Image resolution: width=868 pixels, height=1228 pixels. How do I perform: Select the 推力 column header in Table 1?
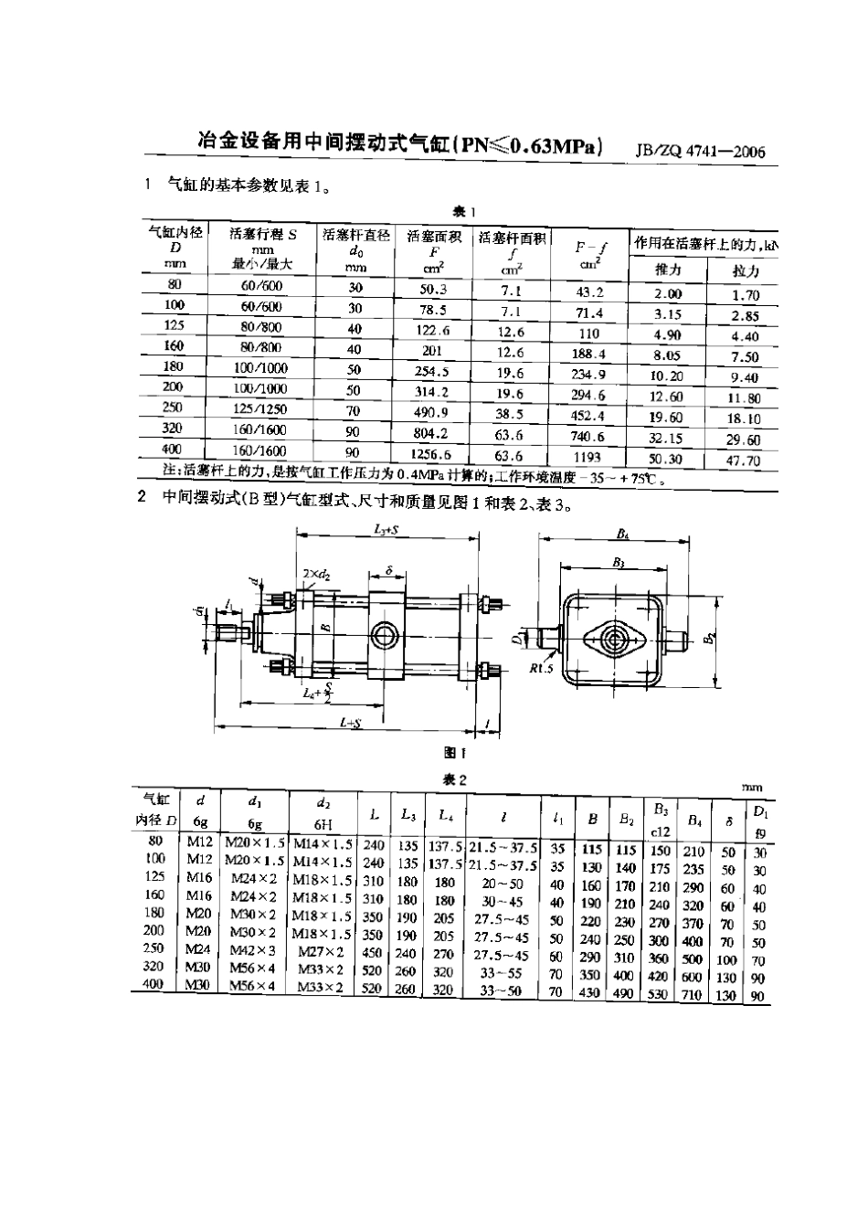[x=668, y=270]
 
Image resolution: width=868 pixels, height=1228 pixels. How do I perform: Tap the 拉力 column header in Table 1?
[x=746, y=271]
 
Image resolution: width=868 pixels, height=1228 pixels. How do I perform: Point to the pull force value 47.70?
[x=744, y=461]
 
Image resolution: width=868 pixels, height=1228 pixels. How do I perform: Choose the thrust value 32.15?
[x=666, y=439]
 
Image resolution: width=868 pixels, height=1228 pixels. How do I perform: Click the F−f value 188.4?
[x=588, y=354]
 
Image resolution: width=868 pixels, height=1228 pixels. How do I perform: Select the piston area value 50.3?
[x=432, y=290]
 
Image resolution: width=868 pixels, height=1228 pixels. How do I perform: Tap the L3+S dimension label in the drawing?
[x=392, y=529]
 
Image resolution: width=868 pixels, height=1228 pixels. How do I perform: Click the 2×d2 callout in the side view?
[x=316, y=573]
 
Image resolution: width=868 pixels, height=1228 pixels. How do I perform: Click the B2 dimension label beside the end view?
[x=709, y=639]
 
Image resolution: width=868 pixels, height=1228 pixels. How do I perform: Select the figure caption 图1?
[x=454, y=753]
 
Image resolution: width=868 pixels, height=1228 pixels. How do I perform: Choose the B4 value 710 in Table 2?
[x=692, y=995]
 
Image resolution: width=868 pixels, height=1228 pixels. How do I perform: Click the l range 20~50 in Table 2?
[x=503, y=884]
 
